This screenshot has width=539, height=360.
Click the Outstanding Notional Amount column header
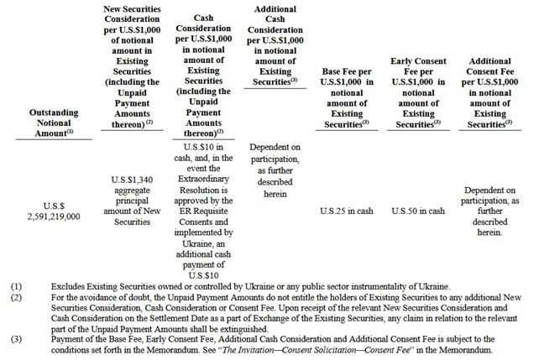coord(55,117)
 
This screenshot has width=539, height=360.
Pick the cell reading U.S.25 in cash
coord(346,211)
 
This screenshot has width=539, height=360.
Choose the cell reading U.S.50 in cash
coord(418,211)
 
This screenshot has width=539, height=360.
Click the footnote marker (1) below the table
coord(16,285)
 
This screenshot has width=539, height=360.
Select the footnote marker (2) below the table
coord(16,296)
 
